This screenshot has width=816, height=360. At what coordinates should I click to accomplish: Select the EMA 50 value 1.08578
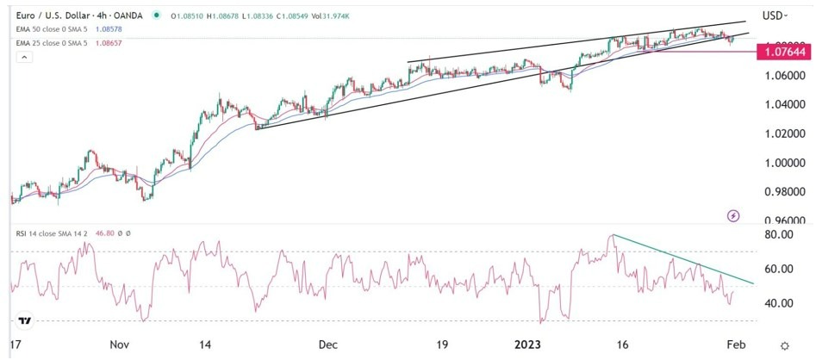pos(117,28)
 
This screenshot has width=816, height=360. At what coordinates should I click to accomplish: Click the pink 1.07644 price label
pos(783,53)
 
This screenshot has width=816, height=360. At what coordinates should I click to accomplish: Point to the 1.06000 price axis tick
pos(783,76)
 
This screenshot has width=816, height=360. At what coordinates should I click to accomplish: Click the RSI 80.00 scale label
pos(778,235)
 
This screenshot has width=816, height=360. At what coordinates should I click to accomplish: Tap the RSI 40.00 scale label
pos(778,303)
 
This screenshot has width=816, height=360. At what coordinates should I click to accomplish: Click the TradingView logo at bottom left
pos(26,320)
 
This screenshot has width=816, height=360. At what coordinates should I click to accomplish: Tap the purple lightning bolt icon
pos(733,215)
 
